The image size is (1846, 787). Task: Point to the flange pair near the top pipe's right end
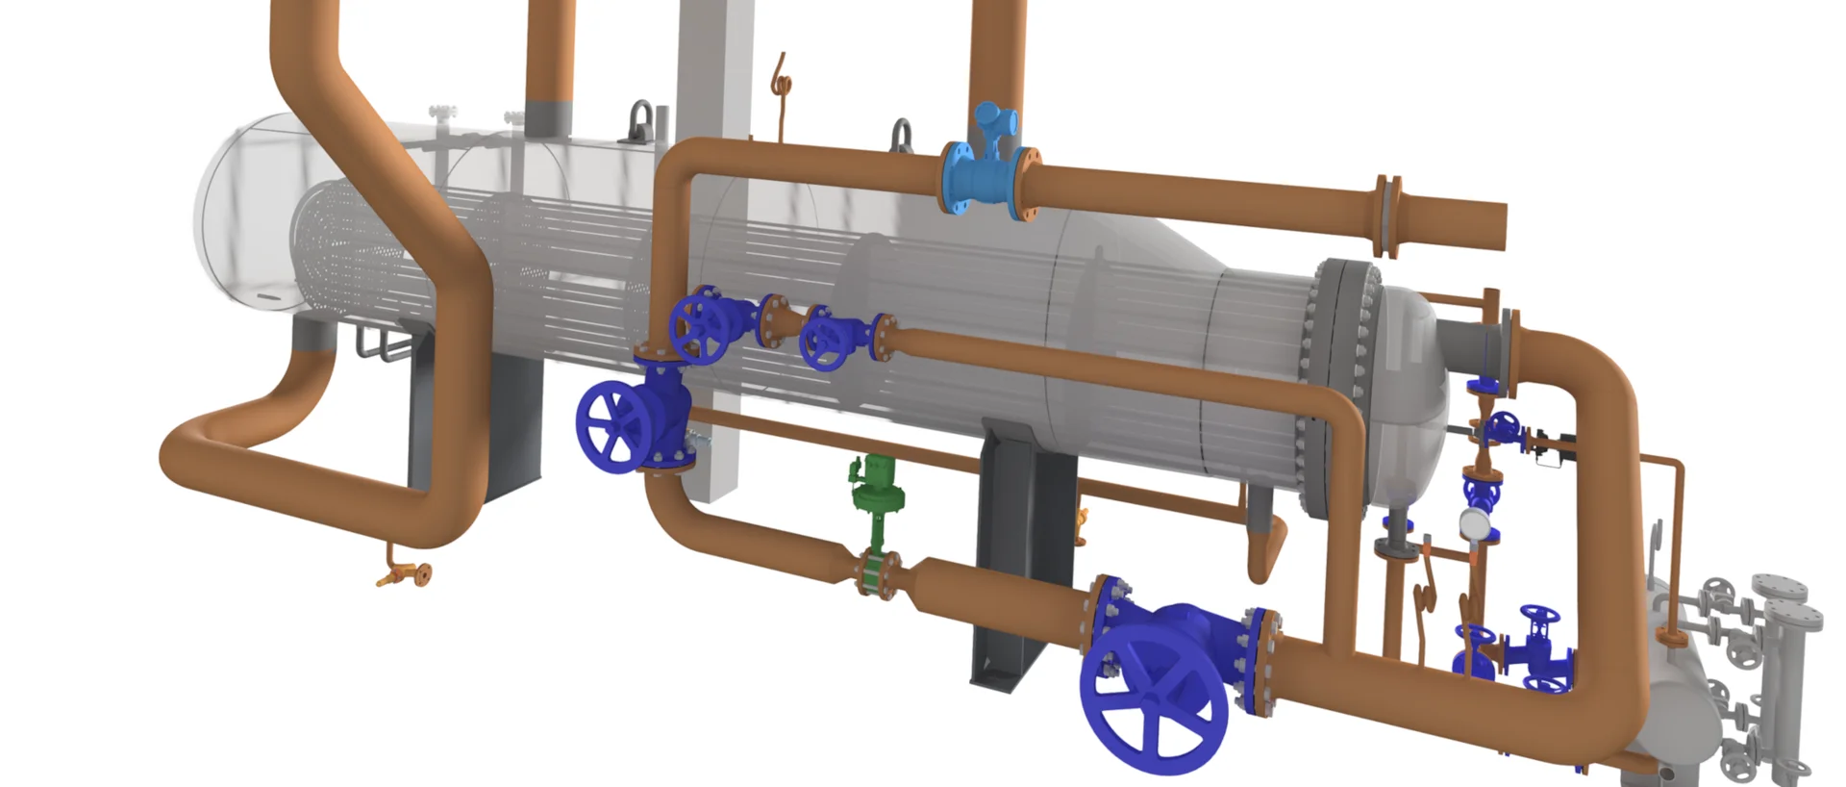pyautogui.click(x=1386, y=217)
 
